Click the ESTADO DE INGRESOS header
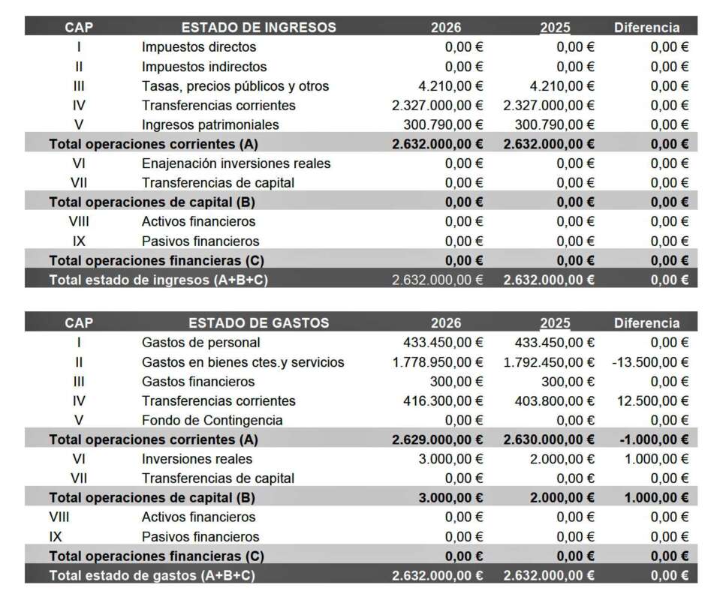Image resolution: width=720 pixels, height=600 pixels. click(x=258, y=28)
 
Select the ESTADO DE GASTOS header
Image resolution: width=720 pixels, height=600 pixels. click(x=258, y=323)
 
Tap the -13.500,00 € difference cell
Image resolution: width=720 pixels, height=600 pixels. click(x=650, y=362)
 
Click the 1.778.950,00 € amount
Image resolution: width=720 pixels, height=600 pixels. click(x=438, y=362)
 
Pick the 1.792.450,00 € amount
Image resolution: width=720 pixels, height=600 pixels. click(x=549, y=362)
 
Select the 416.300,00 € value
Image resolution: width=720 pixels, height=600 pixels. click(x=443, y=400)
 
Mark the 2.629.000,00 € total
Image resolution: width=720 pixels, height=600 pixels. click(x=438, y=439)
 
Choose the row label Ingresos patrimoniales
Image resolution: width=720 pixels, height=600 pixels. click(x=210, y=124)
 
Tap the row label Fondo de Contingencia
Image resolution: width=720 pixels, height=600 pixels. click(x=212, y=420)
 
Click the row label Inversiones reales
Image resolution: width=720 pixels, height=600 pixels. click(x=197, y=459)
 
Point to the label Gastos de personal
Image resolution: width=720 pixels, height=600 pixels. click(x=200, y=343)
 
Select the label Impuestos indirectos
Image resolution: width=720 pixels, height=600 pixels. click(x=204, y=67)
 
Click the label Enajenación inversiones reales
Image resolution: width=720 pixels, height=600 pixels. click(x=236, y=163)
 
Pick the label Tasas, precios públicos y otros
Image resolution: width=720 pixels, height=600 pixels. click(x=235, y=86)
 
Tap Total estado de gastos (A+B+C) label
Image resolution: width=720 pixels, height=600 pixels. click(x=152, y=575)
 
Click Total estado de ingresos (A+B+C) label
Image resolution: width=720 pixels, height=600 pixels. click(x=158, y=280)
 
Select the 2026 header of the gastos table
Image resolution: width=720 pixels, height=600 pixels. click(x=446, y=323)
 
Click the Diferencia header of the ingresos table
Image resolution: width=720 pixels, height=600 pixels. click(x=646, y=28)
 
